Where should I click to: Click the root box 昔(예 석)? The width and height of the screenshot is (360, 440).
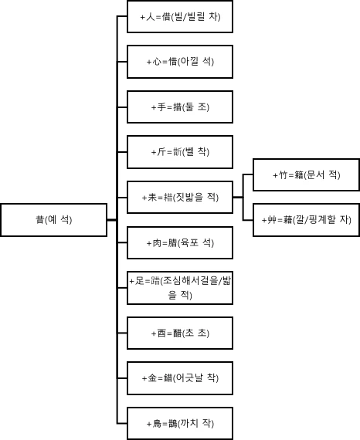tap(53, 220)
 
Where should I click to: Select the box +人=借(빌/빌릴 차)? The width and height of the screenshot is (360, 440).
tap(180, 17)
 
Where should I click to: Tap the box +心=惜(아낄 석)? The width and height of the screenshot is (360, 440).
tap(180, 62)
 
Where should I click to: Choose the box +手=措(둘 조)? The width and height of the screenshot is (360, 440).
tap(180, 107)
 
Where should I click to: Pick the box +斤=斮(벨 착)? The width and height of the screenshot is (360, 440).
tap(180, 152)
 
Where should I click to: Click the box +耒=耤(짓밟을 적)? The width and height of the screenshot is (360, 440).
tap(180, 197)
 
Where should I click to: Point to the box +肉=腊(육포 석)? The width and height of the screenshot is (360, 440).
tap(180, 242)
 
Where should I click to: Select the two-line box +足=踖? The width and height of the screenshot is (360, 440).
tap(180, 288)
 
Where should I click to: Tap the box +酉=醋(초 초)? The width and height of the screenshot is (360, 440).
tap(180, 333)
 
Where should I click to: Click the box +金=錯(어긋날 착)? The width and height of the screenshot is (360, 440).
tap(180, 378)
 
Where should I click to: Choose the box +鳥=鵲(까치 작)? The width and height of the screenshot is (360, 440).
tap(180, 423)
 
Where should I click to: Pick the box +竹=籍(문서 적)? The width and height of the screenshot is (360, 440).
tap(306, 175)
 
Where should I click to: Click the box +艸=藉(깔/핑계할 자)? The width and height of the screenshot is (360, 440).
tap(306, 220)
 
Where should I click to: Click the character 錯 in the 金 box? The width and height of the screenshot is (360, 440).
tap(166, 378)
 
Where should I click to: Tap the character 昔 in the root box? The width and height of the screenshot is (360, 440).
tap(39, 220)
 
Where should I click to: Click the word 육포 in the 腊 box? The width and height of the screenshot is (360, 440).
tap(190, 242)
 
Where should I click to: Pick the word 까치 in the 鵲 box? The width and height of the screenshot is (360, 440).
tap(191, 423)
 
